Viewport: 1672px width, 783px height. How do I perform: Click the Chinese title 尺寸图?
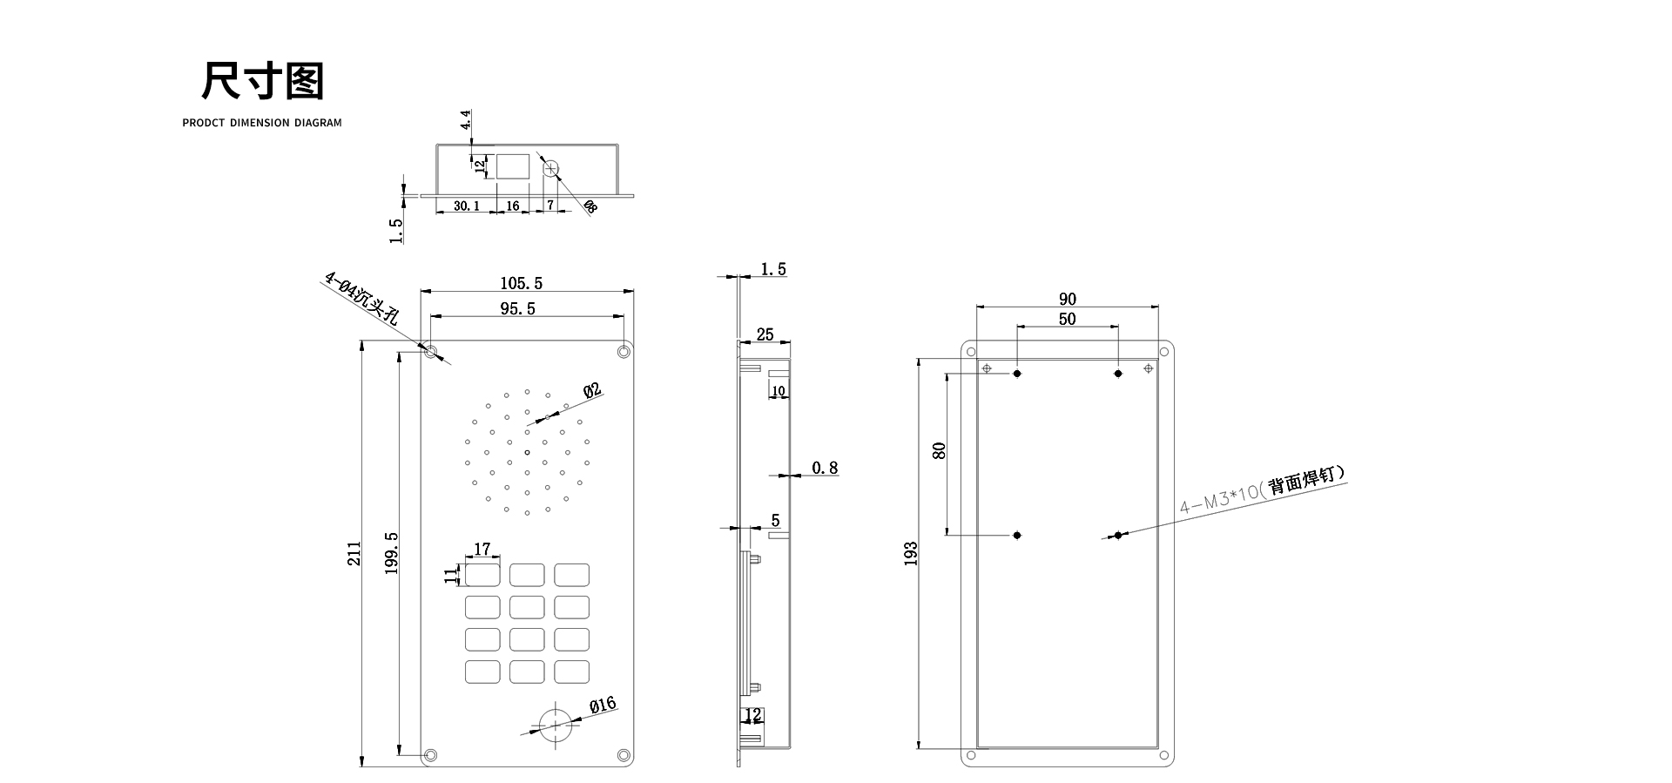click(262, 82)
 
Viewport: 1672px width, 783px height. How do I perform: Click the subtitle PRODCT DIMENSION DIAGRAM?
click(262, 123)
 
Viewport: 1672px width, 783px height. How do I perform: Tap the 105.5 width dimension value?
click(521, 283)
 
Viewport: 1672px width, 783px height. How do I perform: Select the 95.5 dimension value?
click(517, 308)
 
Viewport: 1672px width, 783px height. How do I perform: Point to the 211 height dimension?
click(354, 554)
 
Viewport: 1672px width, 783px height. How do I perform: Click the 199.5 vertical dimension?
click(391, 553)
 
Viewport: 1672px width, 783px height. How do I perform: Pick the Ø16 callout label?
click(602, 705)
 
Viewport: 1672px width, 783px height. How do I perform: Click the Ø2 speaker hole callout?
click(592, 390)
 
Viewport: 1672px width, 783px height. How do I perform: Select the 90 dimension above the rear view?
click(1067, 299)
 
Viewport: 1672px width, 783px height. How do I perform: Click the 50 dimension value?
click(1067, 319)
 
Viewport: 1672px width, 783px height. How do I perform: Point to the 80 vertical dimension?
click(939, 450)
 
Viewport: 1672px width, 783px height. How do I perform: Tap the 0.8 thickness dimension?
click(825, 469)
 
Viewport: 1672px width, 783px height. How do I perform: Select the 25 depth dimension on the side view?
click(765, 334)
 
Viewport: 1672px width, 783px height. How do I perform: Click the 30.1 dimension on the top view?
click(466, 206)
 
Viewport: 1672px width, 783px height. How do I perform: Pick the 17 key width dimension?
click(482, 549)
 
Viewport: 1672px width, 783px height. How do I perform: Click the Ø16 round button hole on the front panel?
click(554, 723)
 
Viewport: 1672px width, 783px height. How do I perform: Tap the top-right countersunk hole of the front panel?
click(624, 352)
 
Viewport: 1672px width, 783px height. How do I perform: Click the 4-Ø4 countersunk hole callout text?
click(361, 299)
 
